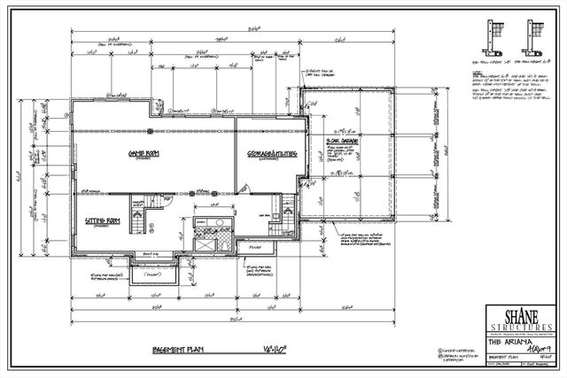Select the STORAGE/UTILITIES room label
click(x=271, y=154)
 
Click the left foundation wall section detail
click(x=490, y=34)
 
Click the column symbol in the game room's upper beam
click(x=151, y=131)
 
